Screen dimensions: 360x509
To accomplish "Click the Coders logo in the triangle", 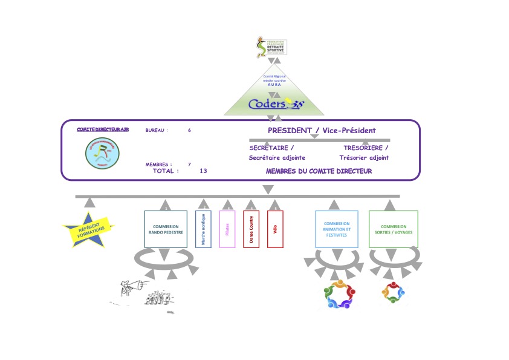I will click(276, 104).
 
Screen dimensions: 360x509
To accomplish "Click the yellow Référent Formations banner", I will click(88, 230).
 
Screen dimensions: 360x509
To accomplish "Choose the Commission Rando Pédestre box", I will click(165, 229).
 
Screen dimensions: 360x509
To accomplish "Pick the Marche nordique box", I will click(203, 229).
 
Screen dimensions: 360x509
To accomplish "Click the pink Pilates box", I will click(227, 229).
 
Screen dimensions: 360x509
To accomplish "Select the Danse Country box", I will click(251, 229).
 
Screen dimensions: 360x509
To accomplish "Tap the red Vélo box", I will click(275, 229).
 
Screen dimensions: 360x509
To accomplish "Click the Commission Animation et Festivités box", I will click(336, 229).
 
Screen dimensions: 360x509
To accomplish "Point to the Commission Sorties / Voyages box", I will click(393, 229).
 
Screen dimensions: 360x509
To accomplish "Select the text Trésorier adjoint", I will click(364, 158).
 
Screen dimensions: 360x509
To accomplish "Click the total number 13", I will click(203, 171).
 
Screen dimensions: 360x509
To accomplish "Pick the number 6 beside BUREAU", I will click(189, 130).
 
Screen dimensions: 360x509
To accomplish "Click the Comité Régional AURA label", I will click(274, 80).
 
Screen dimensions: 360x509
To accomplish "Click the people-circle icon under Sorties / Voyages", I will click(393, 293).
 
